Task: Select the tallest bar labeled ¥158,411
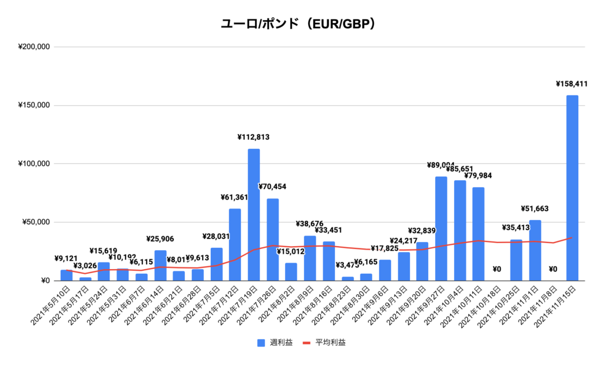(x=572, y=188)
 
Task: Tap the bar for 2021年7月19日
(x=254, y=215)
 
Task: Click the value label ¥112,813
(x=253, y=138)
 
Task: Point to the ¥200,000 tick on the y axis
(x=34, y=47)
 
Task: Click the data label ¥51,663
(x=535, y=209)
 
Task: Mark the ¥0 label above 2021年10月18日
(x=496, y=270)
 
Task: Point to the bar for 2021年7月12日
(x=235, y=245)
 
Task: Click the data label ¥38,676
(x=310, y=225)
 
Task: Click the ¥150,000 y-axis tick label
(x=34, y=106)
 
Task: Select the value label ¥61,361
(x=234, y=198)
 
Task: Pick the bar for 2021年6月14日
(x=160, y=266)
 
